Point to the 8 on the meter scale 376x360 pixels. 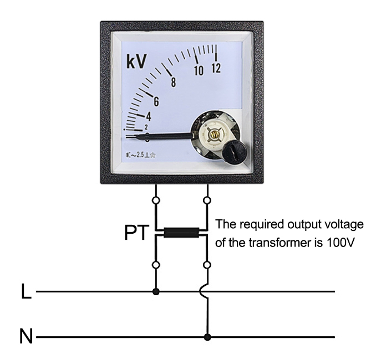point(174,83)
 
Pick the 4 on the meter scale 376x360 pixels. point(148,116)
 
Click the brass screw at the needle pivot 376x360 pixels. point(212,132)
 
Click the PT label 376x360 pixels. point(136,233)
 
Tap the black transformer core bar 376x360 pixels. point(181,233)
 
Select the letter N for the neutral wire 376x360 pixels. point(26,336)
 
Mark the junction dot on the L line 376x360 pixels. point(156,291)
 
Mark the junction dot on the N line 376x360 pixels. point(207,336)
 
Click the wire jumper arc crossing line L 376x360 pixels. point(205,291)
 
